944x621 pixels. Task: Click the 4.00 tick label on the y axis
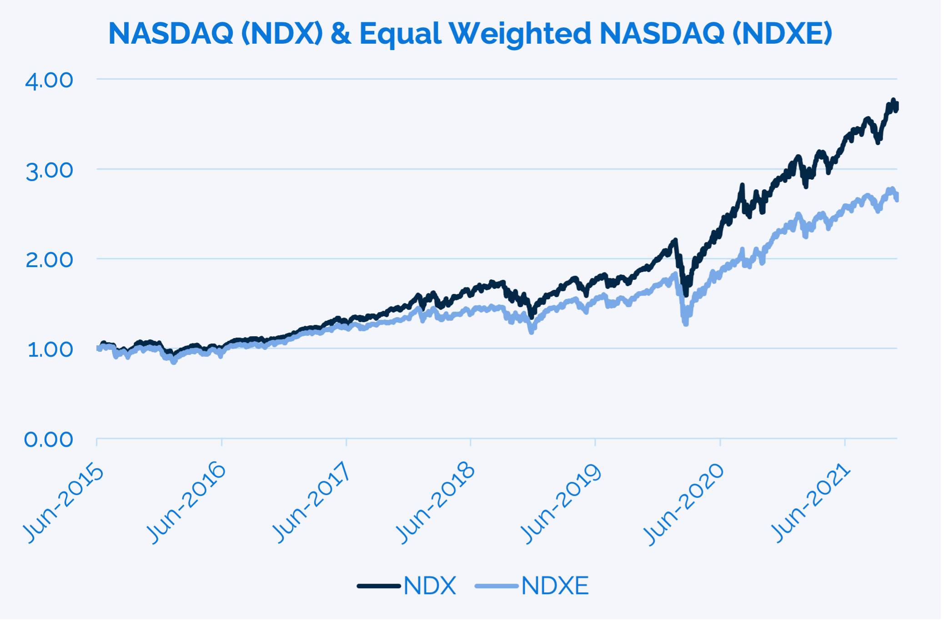click(x=49, y=81)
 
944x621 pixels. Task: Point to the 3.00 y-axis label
click(x=49, y=171)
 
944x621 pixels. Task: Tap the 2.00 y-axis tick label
click(x=49, y=260)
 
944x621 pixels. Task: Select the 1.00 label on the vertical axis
click(x=50, y=350)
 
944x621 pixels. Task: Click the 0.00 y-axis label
click(x=48, y=440)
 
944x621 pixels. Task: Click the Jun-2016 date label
click(x=187, y=503)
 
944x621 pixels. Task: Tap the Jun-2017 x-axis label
click(x=312, y=503)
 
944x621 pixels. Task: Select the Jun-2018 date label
click(x=436, y=503)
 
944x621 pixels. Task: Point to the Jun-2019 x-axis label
click(x=561, y=503)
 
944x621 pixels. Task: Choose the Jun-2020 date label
click(x=685, y=503)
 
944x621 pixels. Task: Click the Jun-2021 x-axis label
click(x=811, y=503)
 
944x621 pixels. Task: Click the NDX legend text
click(x=430, y=586)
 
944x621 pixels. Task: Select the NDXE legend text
click(x=555, y=586)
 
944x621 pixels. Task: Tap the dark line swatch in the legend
click(x=378, y=586)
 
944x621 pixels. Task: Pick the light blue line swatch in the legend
click(x=496, y=586)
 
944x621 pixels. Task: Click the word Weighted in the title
click(x=520, y=34)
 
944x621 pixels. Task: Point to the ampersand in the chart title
click(x=341, y=34)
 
